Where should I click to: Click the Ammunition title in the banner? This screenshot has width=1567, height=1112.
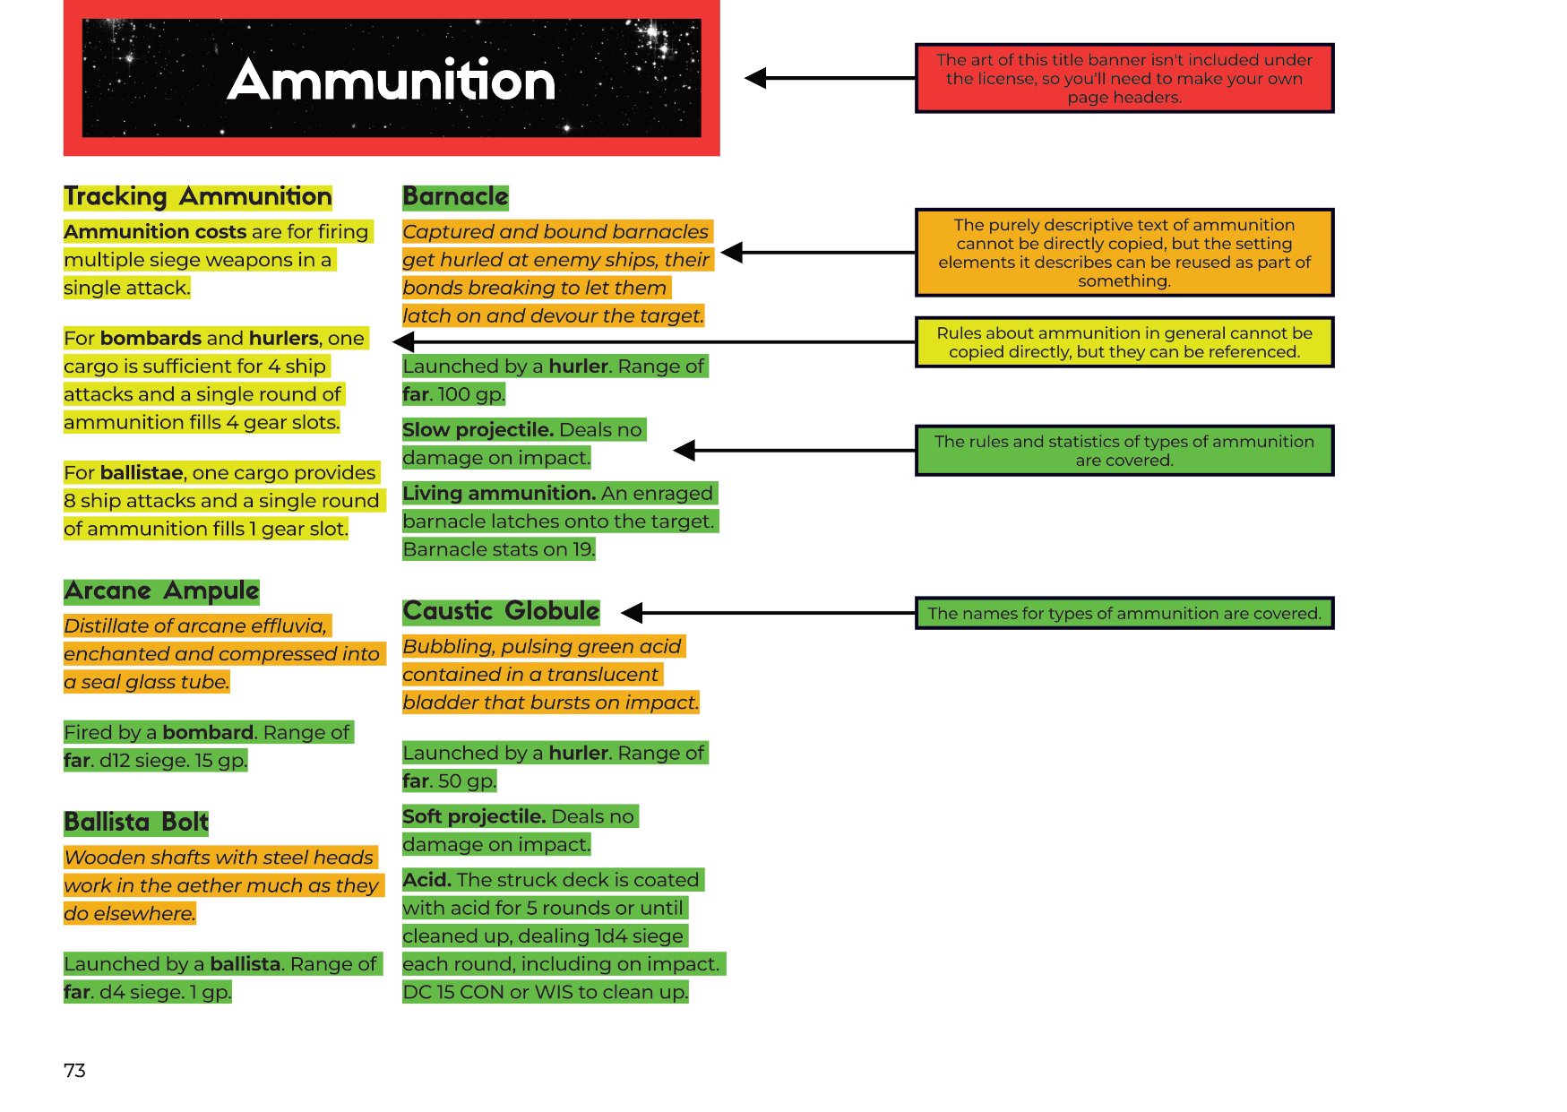[392, 81]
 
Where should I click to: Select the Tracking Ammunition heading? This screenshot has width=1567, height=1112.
[198, 196]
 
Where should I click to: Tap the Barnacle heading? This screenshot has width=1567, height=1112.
[455, 196]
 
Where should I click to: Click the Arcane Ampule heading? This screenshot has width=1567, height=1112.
[161, 590]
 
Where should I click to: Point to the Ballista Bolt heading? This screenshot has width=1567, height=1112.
[136, 822]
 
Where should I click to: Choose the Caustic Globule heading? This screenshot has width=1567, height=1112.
[501, 611]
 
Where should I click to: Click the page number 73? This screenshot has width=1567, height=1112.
[74, 1070]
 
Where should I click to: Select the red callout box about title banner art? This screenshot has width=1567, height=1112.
[1124, 78]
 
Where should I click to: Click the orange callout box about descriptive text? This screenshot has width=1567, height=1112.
[1124, 252]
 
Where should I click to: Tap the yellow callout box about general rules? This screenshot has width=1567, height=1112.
[1124, 341]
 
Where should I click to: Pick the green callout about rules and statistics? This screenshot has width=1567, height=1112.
[1124, 450]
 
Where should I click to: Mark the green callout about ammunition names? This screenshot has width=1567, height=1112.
[1124, 613]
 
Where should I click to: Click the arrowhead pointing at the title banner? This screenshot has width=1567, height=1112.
[756, 78]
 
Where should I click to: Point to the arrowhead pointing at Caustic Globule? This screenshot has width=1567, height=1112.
[633, 613]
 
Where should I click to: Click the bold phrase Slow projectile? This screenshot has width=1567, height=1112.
[478, 430]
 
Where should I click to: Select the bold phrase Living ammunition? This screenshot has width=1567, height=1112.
[499, 494]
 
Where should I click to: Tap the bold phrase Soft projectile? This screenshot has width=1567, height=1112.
[474, 816]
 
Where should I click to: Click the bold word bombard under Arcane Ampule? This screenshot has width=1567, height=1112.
[208, 732]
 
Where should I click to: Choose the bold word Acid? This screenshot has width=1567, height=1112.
[427, 880]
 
